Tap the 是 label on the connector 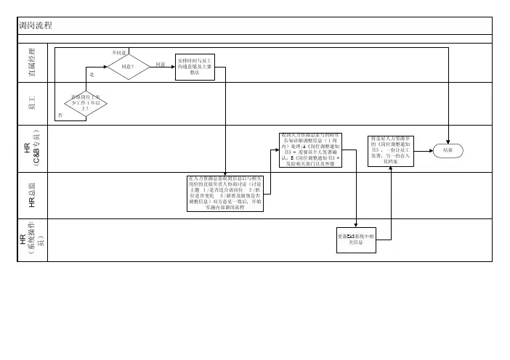92,75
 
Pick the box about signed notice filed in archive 390,150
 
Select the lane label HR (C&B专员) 31,148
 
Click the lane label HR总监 31,194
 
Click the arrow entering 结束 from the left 428,151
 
